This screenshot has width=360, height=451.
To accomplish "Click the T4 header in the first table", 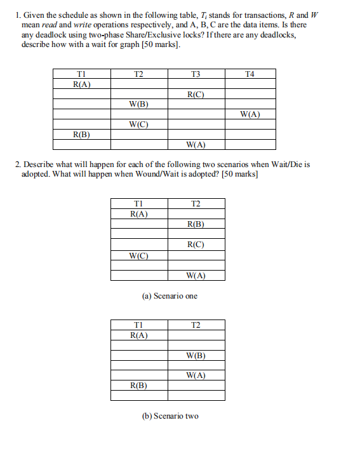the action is click(250, 74).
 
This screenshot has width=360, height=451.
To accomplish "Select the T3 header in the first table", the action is click(195, 74).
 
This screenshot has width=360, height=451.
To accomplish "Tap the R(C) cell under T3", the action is click(196, 95).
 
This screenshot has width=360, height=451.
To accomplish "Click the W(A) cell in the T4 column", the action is click(250, 115).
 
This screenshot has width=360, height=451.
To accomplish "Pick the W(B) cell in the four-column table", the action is click(139, 104).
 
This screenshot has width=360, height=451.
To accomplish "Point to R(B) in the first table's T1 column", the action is click(82, 135).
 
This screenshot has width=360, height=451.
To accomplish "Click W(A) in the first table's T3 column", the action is click(196, 145).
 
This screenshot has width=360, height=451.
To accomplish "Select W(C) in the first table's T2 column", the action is click(139, 125).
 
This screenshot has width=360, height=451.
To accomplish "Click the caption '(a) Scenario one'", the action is click(170, 296).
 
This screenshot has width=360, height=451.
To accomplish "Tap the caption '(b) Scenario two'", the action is click(170, 416).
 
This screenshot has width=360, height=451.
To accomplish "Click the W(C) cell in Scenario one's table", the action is click(138, 256).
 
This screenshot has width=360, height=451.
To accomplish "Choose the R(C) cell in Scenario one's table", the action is click(196, 245).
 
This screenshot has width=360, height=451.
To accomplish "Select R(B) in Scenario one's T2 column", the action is click(196, 224).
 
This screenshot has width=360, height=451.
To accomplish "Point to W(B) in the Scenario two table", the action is click(196, 356).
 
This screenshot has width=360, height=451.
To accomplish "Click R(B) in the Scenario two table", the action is click(138, 386).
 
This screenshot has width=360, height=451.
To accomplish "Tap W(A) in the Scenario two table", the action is click(196, 375).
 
